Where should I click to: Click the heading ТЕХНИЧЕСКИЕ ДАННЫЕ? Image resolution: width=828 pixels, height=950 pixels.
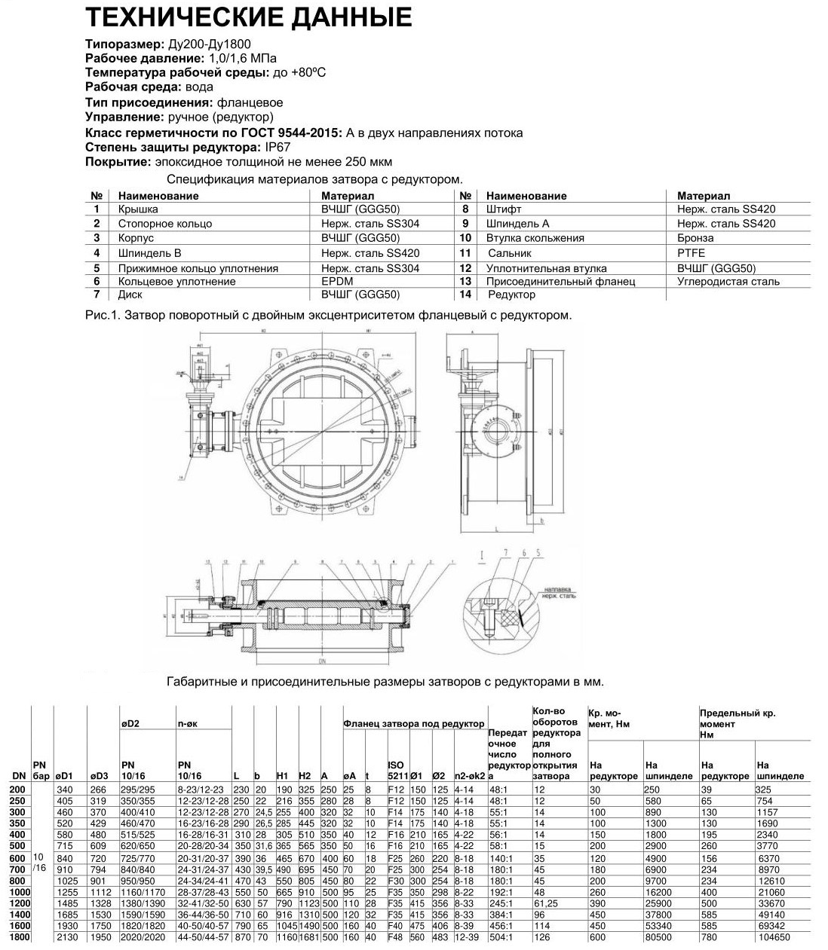tap(249, 17)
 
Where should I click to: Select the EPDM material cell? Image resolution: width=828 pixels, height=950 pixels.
tap(337, 282)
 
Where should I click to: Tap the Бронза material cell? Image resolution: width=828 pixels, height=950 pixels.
tap(695, 238)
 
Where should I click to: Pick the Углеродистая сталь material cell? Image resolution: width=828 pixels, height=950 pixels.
tap(728, 282)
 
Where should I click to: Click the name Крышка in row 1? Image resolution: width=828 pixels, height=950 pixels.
tap(138, 209)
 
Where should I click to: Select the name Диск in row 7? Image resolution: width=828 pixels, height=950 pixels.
tap(130, 295)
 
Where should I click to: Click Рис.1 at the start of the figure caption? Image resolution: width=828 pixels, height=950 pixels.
tap(100, 314)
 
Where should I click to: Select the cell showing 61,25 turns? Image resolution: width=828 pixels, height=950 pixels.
tap(545, 903)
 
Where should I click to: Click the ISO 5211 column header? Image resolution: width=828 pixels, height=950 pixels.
tap(397, 771)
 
